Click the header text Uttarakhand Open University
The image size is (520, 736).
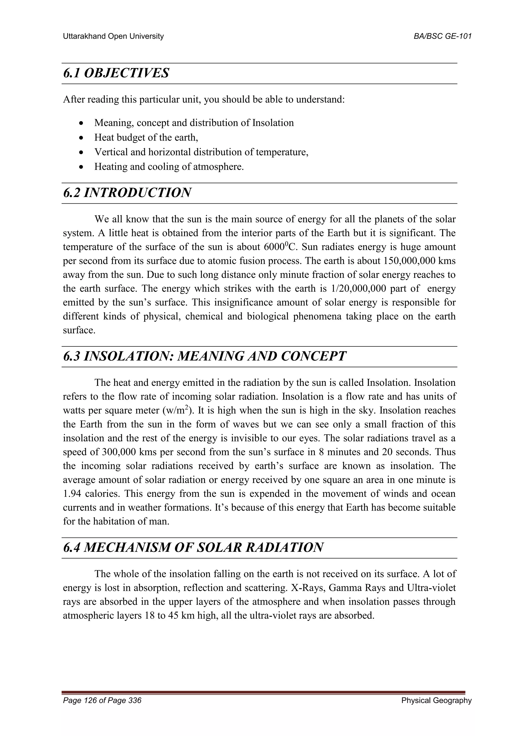113,36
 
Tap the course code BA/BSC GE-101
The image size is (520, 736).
443,36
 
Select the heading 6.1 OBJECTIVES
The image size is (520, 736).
116,73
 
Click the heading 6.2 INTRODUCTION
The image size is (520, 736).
127,193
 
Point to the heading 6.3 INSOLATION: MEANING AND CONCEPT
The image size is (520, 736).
204,356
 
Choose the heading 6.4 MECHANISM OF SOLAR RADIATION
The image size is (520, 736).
193,547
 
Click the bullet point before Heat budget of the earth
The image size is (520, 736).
82,138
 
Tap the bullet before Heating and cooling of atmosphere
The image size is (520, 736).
82,167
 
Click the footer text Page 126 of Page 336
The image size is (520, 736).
102,700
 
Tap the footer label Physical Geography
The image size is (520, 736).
436,701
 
